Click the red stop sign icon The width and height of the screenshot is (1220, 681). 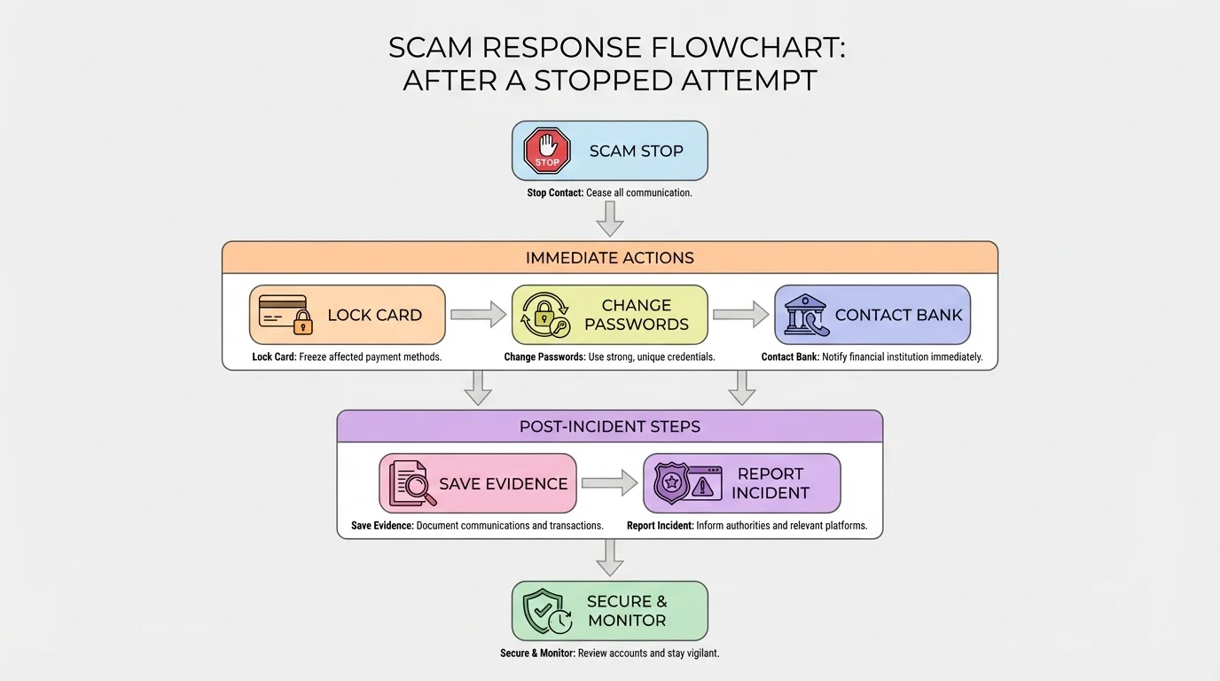coord(547,151)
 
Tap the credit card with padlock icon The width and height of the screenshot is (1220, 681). coord(285,315)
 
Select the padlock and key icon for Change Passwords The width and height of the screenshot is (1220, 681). coord(545,315)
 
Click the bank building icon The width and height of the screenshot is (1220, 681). coord(805,315)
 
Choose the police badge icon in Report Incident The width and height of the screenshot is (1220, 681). coord(671,484)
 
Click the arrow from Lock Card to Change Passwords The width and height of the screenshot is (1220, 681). coord(478,315)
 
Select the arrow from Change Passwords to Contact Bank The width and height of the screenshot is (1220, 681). coord(740,315)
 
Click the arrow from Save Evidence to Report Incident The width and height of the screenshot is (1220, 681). coord(609,483)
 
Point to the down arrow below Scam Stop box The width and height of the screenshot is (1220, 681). coord(610,218)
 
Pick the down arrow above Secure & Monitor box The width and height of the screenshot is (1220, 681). coord(610,558)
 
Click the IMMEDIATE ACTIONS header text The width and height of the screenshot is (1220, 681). coord(610,258)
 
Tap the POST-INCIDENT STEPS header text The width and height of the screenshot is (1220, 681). coord(610,427)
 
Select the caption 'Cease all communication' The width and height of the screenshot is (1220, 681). coord(638,192)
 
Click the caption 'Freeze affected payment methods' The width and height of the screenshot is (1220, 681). coord(371,357)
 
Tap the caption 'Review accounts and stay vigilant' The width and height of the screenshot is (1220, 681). coord(648,654)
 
